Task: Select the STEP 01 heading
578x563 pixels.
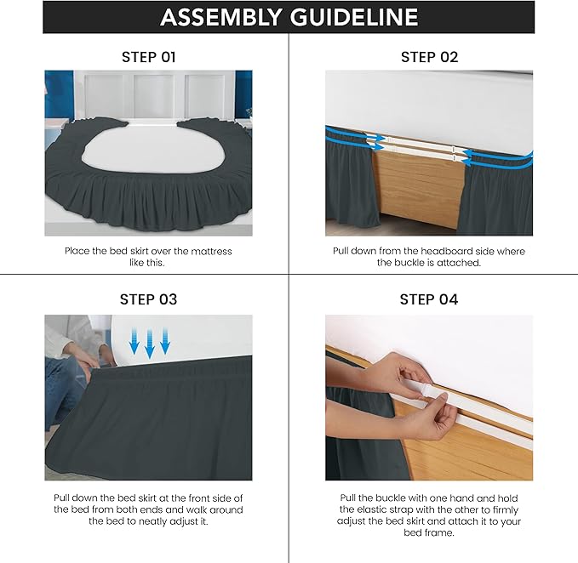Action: [x=149, y=57]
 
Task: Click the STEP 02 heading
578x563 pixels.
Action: [x=429, y=57]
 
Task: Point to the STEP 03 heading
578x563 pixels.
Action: [x=149, y=299]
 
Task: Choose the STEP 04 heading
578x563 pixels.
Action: [x=429, y=299]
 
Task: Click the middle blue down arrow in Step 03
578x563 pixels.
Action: [x=150, y=344]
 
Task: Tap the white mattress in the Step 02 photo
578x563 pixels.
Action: [x=429, y=102]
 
